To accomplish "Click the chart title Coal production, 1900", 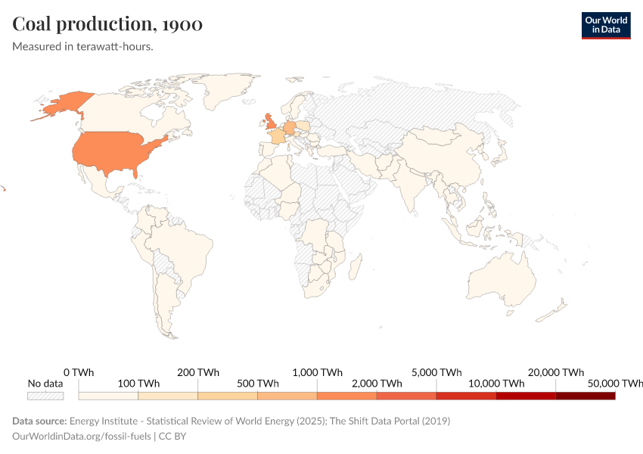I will [x=107, y=24].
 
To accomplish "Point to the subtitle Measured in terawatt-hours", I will [x=83, y=47].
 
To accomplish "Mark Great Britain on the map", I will [x=269, y=123].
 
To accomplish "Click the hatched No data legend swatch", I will [x=45, y=395].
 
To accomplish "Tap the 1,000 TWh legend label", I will [x=317, y=372].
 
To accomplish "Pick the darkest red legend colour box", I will [x=585, y=395].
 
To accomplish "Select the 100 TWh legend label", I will [x=138, y=384].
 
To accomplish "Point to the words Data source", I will [x=39, y=421].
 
